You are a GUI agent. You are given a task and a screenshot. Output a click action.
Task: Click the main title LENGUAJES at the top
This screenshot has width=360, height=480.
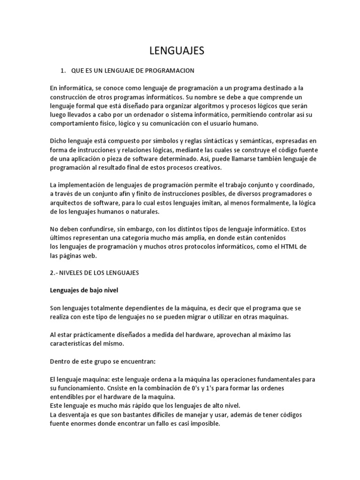coord(177,51)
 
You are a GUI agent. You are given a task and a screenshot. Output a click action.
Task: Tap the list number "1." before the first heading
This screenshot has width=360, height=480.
coord(63,70)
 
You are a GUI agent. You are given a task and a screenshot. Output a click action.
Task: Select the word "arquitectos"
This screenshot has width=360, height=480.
coord(66,203)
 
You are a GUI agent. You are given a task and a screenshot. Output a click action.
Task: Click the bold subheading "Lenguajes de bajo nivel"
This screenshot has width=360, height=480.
coord(84,290)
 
